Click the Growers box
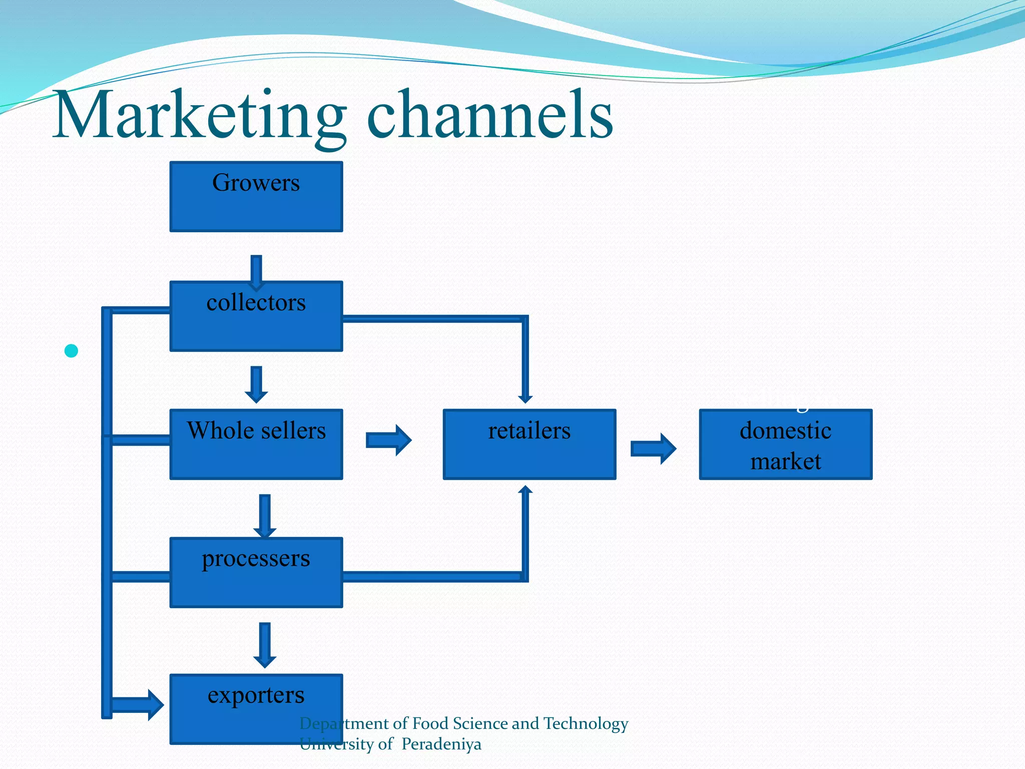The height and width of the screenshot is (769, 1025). tap(256, 196)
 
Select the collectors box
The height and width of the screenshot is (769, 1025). tap(256, 316)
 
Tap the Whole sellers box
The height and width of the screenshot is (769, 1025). tap(256, 444)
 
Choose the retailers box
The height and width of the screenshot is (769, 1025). tap(529, 444)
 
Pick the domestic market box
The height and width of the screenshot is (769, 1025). tap(785, 444)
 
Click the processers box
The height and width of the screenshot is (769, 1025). tap(256, 572)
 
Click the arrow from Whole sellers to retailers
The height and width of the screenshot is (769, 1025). tap(388, 440)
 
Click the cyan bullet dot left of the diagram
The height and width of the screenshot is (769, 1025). tap(72, 351)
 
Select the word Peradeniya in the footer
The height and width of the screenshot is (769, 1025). tap(441, 744)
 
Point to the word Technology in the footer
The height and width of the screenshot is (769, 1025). tap(586, 723)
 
